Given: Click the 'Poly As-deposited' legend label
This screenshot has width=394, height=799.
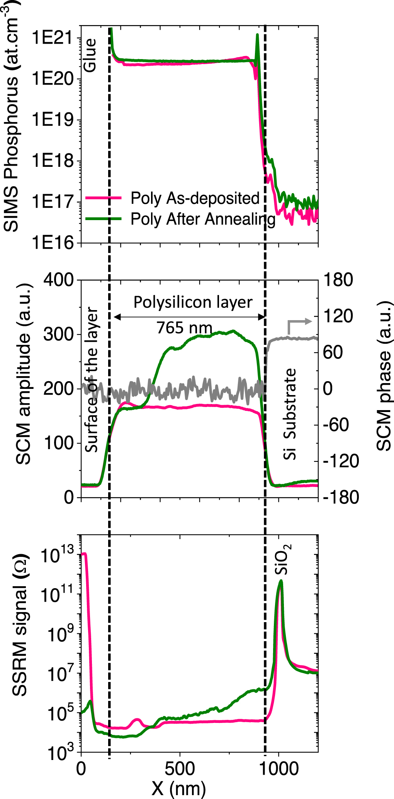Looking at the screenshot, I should pos(195,198).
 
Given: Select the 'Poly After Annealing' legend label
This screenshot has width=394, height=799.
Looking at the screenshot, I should pos(203,219).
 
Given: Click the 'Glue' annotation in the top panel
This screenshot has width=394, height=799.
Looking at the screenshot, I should pos(90,55).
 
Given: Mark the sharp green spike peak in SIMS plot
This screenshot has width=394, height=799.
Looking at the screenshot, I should pos(257,35).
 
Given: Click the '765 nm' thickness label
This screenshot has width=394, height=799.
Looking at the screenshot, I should pos(184,328).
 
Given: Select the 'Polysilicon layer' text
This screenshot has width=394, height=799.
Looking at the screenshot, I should pos(193,302).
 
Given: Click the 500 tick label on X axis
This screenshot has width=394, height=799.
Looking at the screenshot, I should pos(180,768).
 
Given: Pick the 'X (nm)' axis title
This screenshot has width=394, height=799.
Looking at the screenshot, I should pos(178,788).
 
